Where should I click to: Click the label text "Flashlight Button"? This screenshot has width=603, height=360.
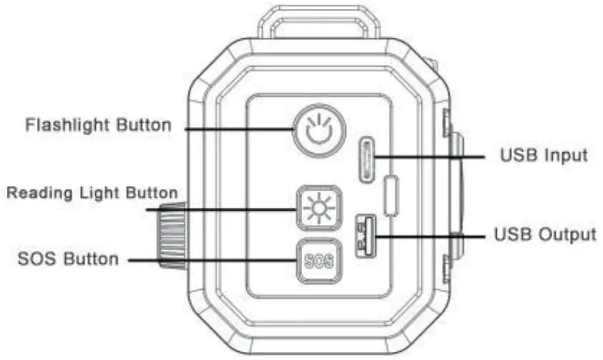[x=98, y=126]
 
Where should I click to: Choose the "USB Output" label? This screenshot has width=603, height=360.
[x=545, y=235]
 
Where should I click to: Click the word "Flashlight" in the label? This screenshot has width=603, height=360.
[x=68, y=126]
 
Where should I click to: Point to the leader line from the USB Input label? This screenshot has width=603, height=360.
[x=432, y=157]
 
